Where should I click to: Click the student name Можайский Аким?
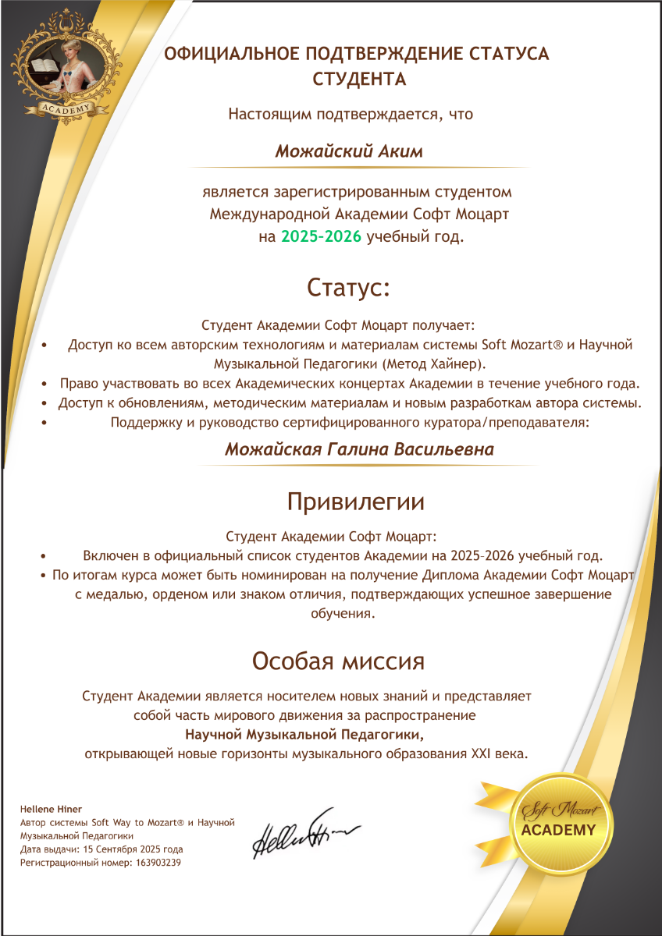point(349,151)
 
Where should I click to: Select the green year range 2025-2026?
point(322,236)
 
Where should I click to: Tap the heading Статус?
point(348,287)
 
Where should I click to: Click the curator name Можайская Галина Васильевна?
point(359,450)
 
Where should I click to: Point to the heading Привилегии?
point(356,501)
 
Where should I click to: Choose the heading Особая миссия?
point(338,661)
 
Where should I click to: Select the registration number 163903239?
point(159,863)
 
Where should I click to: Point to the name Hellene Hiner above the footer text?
point(51,809)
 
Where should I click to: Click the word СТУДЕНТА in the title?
point(359,80)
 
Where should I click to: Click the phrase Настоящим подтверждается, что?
point(351,114)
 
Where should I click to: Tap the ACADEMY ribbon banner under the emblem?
point(66,108)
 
